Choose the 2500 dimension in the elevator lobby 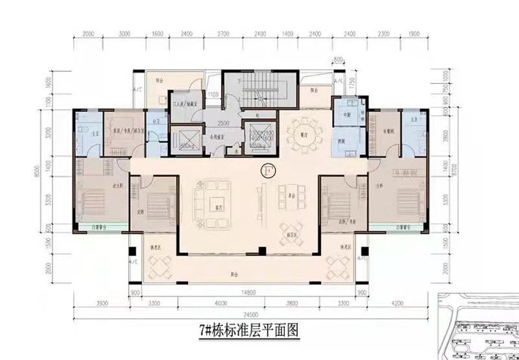point(224,122)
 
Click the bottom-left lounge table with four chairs point(158,264)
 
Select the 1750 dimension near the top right point(351,82)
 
